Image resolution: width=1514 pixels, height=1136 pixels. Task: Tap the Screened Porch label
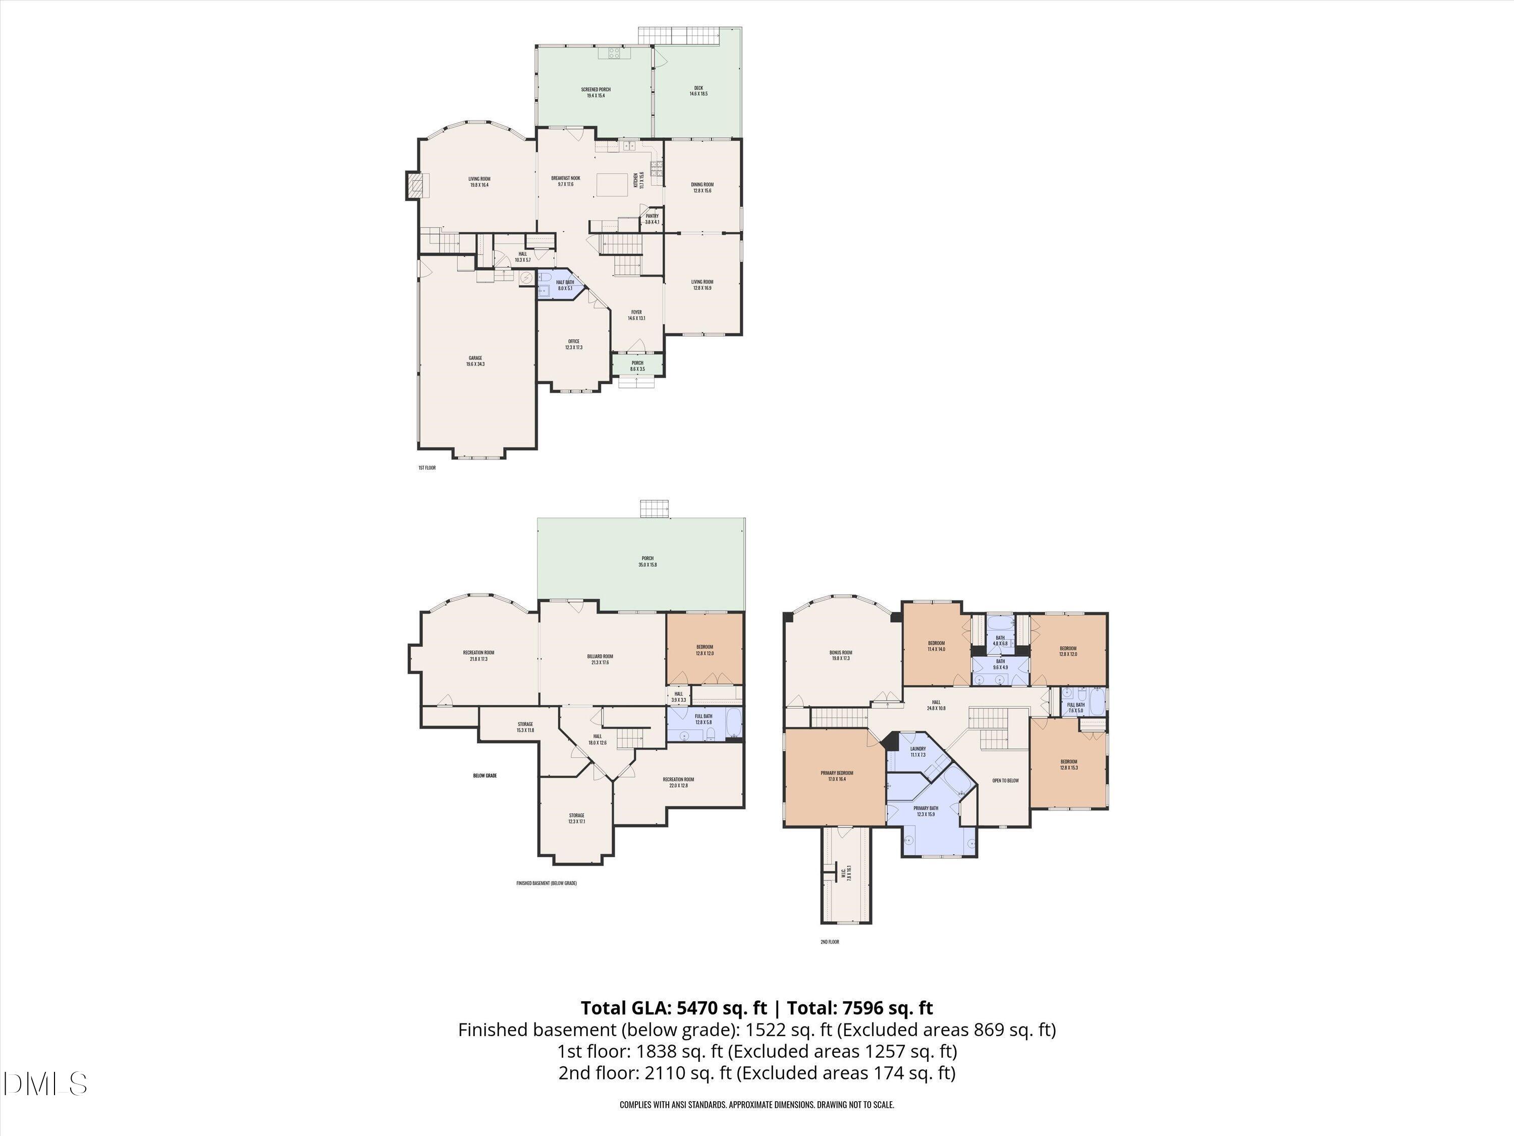pyautogui.click(x=596, y=92)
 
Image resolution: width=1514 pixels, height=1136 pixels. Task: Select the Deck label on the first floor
pyautogui.click(x=698, y=90)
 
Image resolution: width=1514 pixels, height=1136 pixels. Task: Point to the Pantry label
pyautogui.click(x=652, y=219)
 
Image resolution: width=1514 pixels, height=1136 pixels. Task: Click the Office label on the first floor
pyautogui.click(x=574, y=344)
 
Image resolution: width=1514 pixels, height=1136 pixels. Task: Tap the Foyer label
pyautogui.click(x=636, y=315)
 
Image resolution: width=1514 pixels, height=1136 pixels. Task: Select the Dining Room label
pyautogui.click(x=702, y=187)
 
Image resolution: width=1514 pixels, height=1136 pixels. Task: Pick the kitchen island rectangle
pyautogui.click(x=612, y=185)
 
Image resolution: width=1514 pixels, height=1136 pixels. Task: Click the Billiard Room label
pyautogui.click(x=600, y=659)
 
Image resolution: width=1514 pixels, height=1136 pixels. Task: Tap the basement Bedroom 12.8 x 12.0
pyautogui.click(x=705, y=649)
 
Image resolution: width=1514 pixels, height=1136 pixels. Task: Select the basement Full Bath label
pyautogui.click(x=703, y=719)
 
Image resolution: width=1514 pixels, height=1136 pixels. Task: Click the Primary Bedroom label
pyautogui.click(x=836, y=776)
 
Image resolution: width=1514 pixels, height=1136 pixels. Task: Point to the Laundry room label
pyautogui.click(x=918, y=751)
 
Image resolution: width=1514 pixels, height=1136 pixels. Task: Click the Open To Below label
pyautogui.click(x=1005, y=781)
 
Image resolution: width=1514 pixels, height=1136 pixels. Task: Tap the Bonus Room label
pyautogui.click(x=840, y=655)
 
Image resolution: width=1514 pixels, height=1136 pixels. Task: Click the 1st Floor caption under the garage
pyautogui.click(x=426, y=468)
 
